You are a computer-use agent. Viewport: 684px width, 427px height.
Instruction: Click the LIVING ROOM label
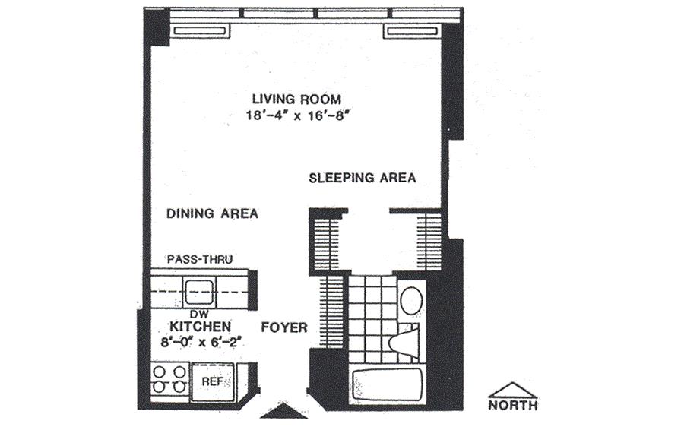296,99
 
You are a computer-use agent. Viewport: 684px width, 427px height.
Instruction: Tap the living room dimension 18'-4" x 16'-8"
299,116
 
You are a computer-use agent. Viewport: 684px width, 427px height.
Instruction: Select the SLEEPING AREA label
362,178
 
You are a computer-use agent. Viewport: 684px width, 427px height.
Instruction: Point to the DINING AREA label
213,214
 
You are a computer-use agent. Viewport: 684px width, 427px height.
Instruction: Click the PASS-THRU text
200,260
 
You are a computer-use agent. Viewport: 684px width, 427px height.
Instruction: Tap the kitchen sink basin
199,292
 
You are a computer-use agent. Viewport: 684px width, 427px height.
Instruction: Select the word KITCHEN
200,327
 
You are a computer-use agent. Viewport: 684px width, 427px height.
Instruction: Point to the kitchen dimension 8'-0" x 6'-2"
201,342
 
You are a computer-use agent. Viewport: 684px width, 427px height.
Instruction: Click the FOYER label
284,327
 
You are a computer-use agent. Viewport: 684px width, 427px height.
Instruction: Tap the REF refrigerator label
214,382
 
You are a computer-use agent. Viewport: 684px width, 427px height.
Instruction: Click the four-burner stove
169,379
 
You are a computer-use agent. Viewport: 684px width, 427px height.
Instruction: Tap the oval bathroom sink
411,299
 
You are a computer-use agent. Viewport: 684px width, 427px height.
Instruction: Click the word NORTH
513,405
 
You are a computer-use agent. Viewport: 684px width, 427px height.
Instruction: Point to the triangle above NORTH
513,391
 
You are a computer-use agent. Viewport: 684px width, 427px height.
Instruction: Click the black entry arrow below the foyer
278,412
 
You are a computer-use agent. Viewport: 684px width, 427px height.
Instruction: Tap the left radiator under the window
201,31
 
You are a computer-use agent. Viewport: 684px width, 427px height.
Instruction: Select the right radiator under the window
411,31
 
